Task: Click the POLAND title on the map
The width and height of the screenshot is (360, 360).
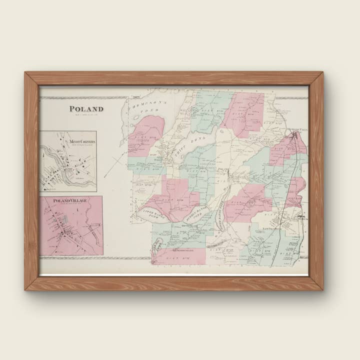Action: (x=86, y=108)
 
